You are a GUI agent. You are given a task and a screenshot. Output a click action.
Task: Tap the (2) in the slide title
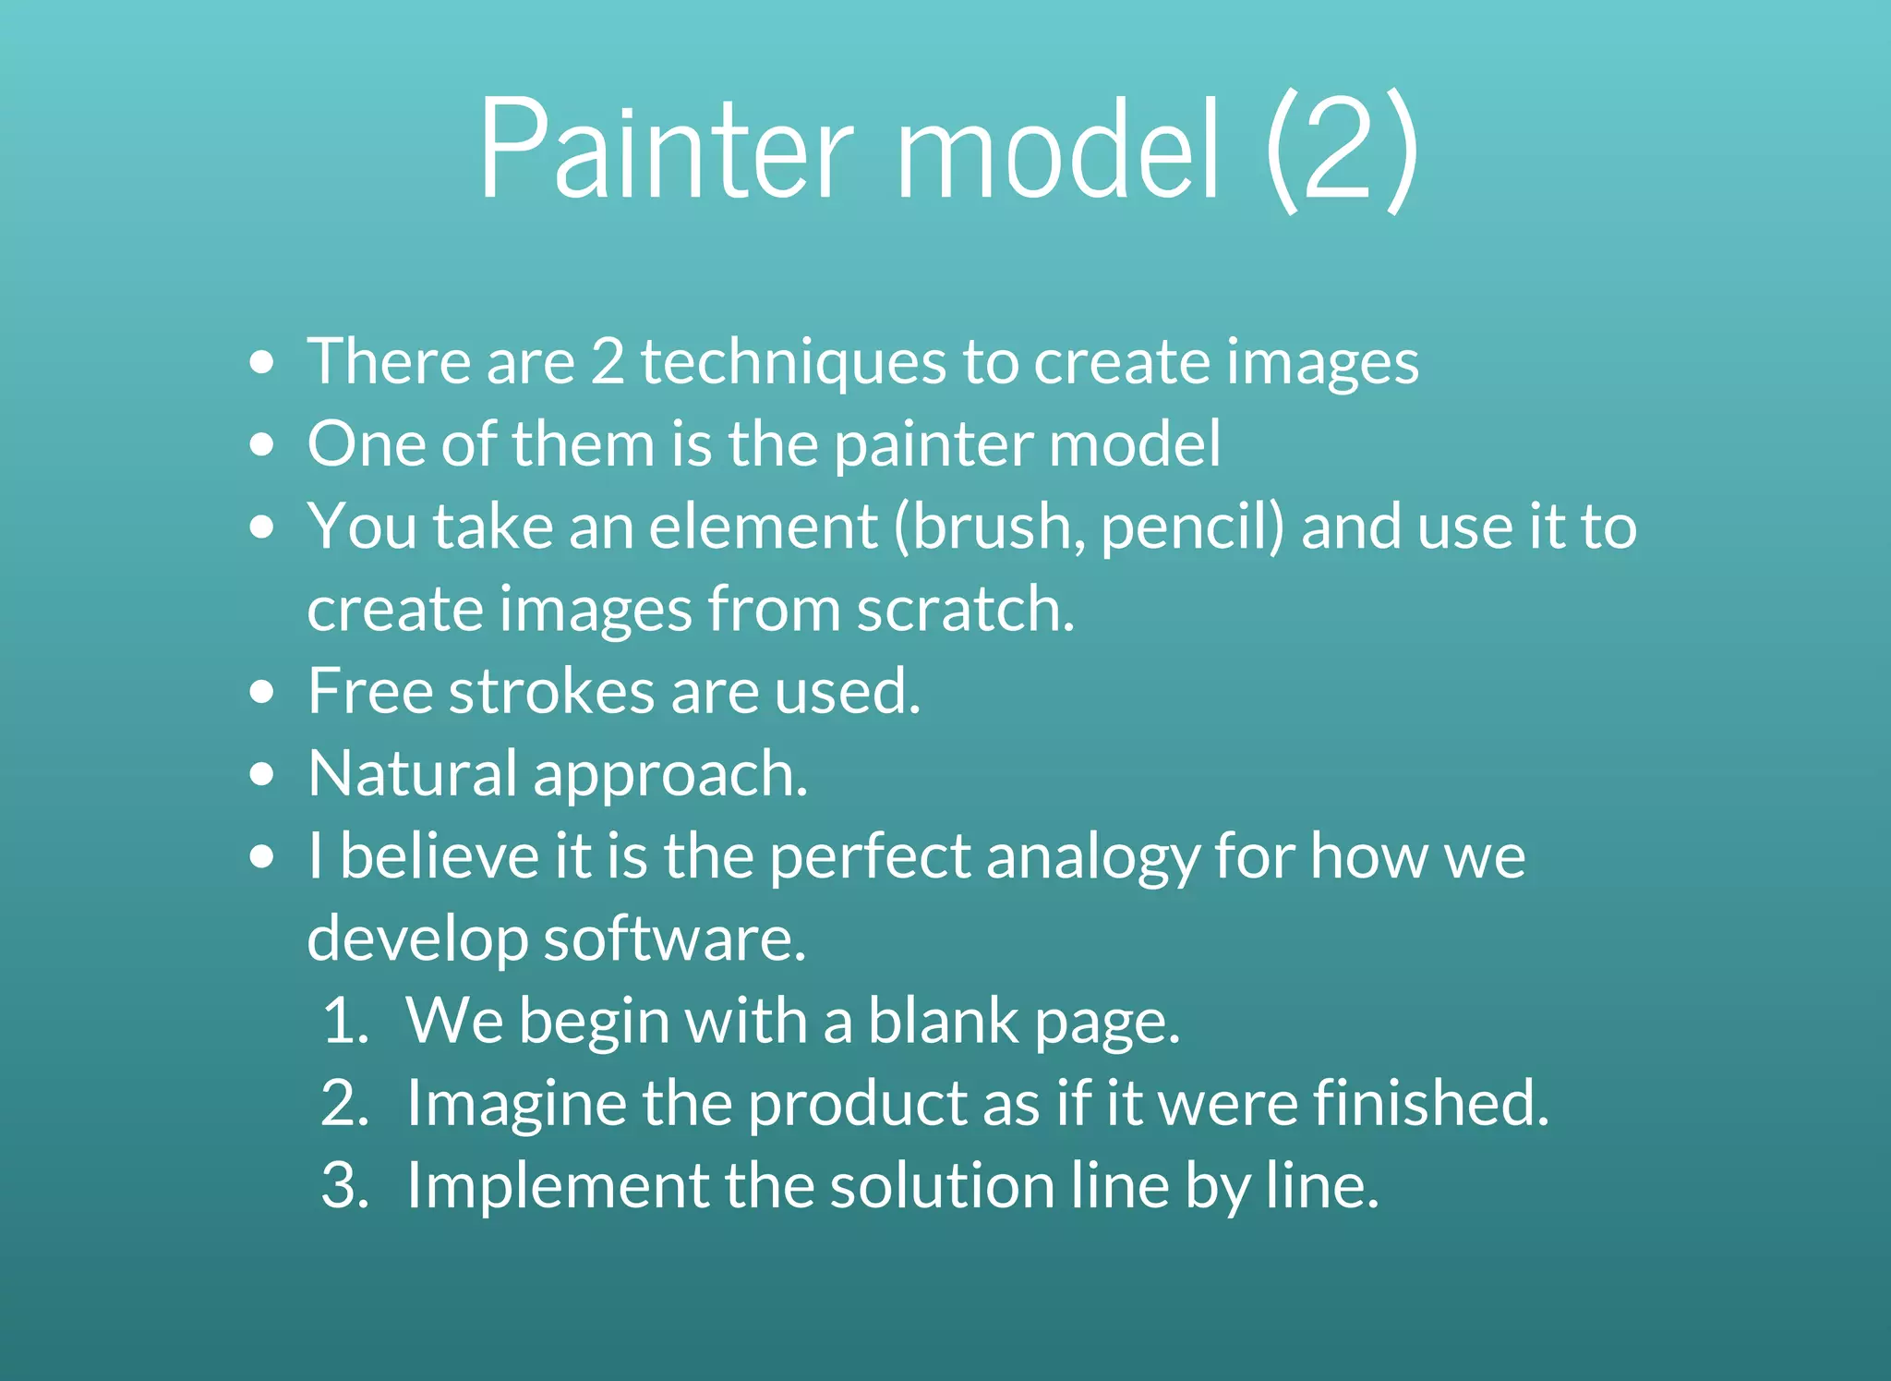pyautogui.click(x=1341, y=150)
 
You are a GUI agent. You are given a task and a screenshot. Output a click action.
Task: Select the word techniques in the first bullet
pyautogui.click(x=793, y=361)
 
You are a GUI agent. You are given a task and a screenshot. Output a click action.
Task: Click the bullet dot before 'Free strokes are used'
pyautogui.click(x=262, y=692)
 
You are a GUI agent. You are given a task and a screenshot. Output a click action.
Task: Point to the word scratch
pyautogui.click(x=965, y=610)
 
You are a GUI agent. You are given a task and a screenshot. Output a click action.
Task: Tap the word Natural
pyautogui.click(x=413, y=773)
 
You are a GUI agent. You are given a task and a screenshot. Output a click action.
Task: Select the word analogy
pyautogui.click(x=1091, y=857)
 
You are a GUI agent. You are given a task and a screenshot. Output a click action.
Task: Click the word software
pyautogui.click(x=674, y=939)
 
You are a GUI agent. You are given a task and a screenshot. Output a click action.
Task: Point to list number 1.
pyautogui.click(x=346, y=1022)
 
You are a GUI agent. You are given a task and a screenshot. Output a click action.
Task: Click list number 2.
pyautogui.click(x=346, y=1104)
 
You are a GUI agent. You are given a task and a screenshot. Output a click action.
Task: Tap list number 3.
pyautogui.click(x=346, y=1186)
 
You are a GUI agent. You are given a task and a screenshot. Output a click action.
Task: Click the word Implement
pyautogui.click(x=557, y=1186)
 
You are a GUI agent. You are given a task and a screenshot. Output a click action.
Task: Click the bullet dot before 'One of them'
pyautogui.click(x=262, y=444)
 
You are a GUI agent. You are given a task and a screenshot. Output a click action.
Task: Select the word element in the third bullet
pyautogui.click(x=763, y=527)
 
